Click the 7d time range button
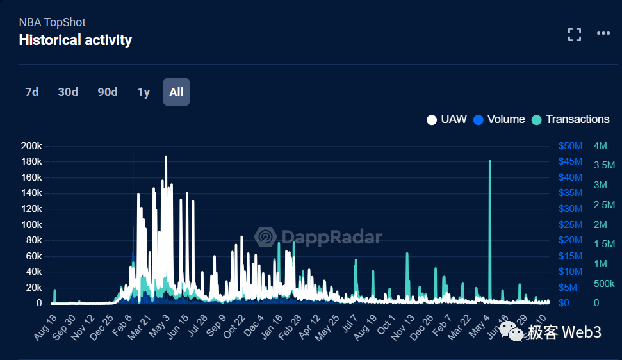32,92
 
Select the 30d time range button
68,92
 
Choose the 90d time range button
108,92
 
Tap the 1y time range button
143,92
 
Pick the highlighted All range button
176,92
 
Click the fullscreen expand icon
575,35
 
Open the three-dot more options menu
603,33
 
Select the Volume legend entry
499,119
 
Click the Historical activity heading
76,40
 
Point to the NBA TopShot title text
53,22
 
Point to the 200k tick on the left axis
31,146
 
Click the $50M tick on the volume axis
569,146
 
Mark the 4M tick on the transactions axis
600,146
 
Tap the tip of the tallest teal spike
490,161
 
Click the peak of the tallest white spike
166,157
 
